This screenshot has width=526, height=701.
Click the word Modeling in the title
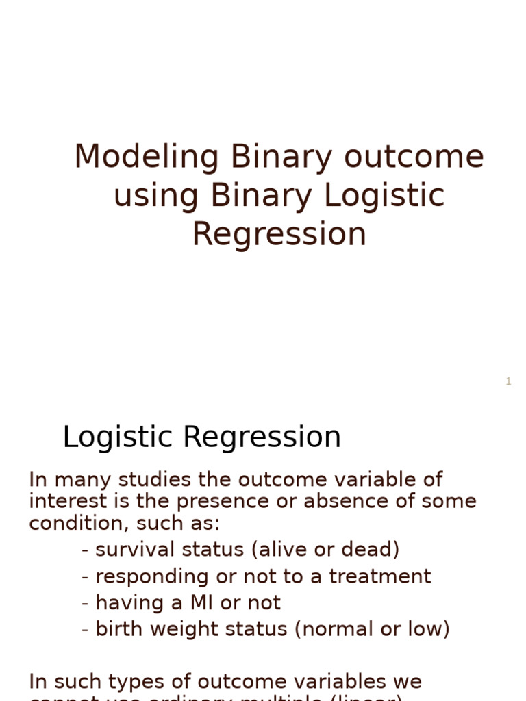(146, 157)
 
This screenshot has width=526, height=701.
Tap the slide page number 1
(508, 381)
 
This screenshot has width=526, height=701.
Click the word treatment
(380, 576)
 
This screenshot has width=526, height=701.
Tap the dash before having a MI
(85, 604)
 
